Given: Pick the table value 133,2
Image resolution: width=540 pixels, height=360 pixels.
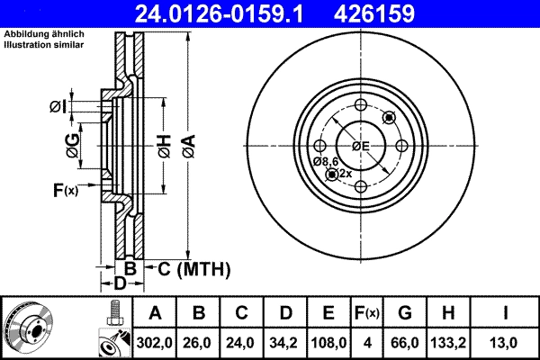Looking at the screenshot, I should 448,343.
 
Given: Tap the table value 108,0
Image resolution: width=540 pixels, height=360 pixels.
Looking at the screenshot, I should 328,343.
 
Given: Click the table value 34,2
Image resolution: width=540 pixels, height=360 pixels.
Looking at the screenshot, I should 285,343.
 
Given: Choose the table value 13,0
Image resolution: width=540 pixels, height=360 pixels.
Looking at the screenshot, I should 507,343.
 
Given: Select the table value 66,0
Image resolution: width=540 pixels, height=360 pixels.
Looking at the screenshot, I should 405,343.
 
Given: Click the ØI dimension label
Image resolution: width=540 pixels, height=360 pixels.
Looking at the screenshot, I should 58,107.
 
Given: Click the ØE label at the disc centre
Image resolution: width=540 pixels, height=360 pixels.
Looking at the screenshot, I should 360,146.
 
